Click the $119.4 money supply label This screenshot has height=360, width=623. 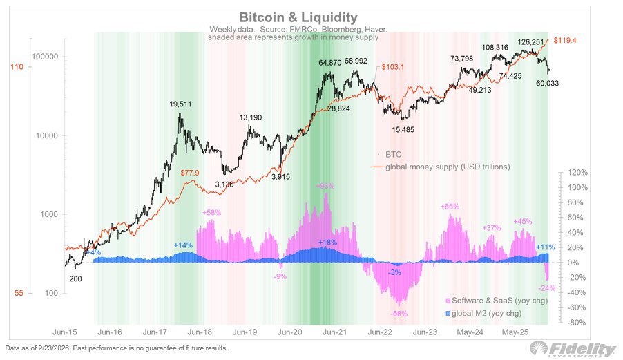point(562,41)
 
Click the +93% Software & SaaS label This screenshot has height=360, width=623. point(325,187)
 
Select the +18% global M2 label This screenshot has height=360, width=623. point(328,243)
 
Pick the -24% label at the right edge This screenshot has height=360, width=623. point(548,288)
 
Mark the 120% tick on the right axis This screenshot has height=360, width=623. point(577,173)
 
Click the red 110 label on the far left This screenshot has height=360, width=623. point(15,67)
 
